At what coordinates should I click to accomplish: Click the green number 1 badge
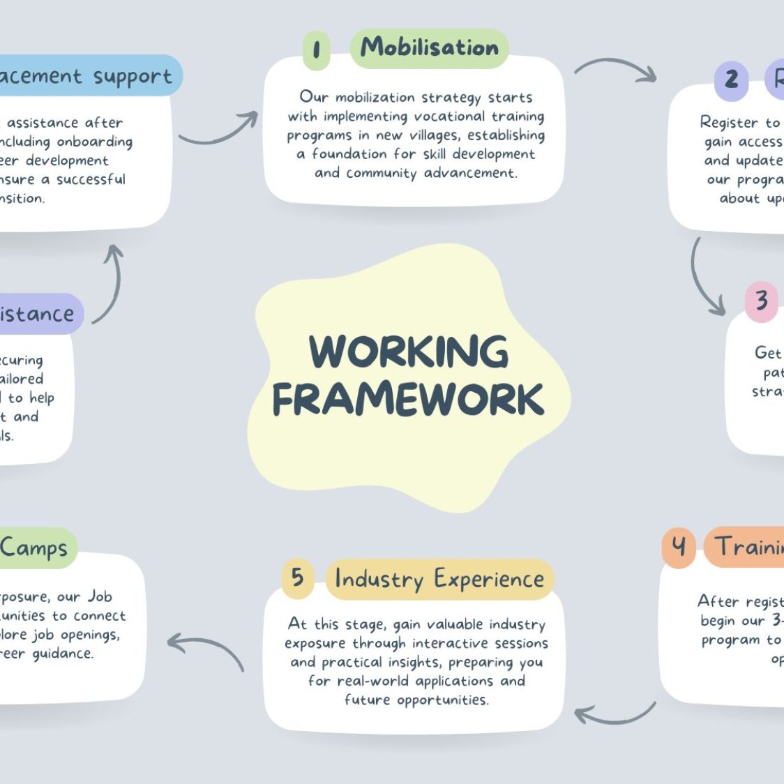click(317, 50)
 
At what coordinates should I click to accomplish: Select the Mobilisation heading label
click(430, 48)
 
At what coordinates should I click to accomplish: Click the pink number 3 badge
click(762, 301)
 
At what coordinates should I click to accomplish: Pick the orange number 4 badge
click(679, 547)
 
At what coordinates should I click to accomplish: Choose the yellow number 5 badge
click(298, 578)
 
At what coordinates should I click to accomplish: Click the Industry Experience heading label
click(439, 580)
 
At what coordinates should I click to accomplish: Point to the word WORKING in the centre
click(409, 351)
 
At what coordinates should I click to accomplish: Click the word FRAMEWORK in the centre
click(409, 399)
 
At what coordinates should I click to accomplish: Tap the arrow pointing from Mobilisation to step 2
click(615, 68)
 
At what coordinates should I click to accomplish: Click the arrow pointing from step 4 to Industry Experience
click(614, 715)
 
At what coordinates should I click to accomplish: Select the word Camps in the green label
click(33, 548)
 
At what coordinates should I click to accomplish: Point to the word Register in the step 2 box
click(729, 123)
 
